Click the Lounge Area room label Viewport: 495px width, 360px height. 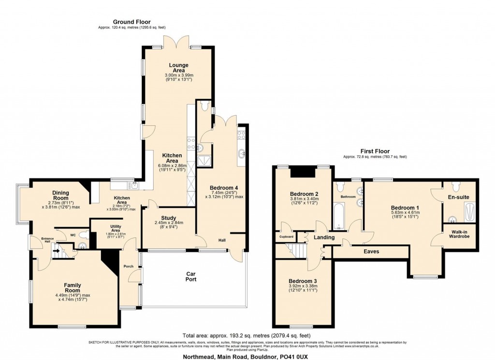178,68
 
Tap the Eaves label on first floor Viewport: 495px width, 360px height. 371,252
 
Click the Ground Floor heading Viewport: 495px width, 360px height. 131,22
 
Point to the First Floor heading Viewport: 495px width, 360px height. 375,151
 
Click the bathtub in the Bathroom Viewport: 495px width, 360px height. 338,216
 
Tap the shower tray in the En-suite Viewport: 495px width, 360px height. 470,211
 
